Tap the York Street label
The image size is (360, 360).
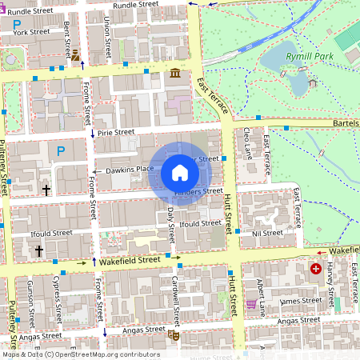tap(31, 33)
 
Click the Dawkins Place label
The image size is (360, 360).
tap(124, 169)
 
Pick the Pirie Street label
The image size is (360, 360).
tap(116, 132)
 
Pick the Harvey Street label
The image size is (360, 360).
tap(330, 288)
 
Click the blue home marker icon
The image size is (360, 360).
tap(180, 173)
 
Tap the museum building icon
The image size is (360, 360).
tap(175, 74)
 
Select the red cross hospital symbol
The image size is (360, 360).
tap(316, 269)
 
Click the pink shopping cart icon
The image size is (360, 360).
tap(251, 304)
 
